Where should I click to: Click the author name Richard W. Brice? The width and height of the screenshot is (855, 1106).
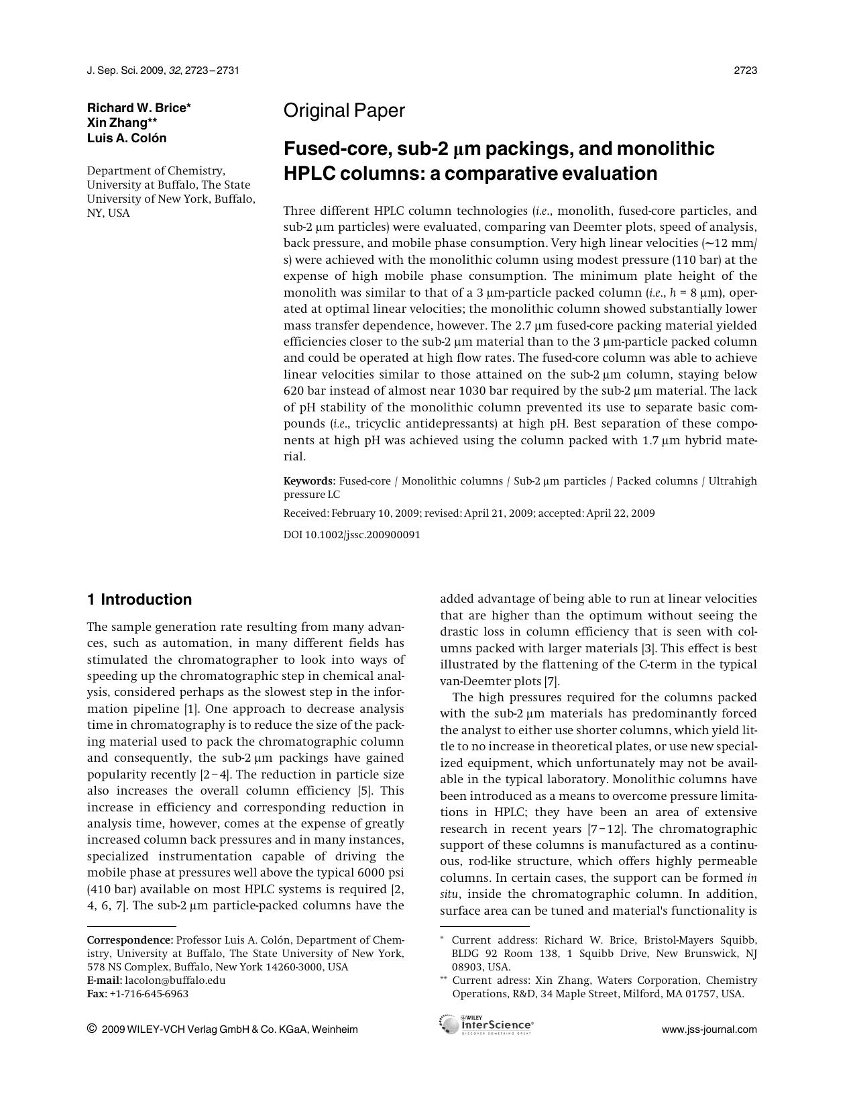137,108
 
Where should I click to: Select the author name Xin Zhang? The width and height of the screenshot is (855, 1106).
117,123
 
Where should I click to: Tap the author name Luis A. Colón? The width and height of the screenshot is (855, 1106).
127,138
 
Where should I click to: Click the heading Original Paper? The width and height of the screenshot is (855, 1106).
344,111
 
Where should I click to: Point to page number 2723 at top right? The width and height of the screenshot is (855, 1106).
745,70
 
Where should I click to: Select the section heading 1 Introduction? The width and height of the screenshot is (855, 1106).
139,599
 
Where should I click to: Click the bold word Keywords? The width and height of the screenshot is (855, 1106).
308,481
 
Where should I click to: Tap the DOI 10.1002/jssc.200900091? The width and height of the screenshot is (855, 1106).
352,535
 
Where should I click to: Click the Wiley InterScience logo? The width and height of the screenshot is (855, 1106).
487,1025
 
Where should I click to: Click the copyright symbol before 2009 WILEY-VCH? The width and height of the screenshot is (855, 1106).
92,1029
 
